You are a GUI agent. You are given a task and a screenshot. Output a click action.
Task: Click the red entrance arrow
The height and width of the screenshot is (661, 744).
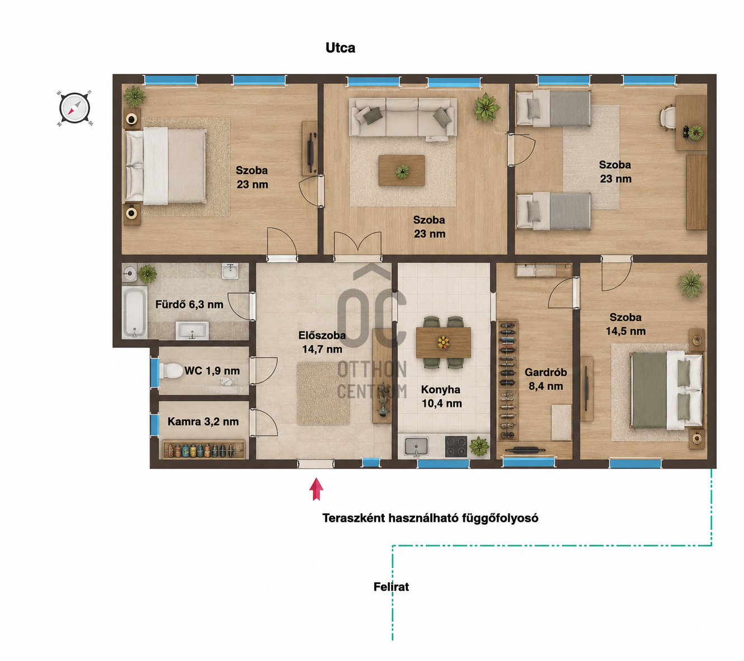316,489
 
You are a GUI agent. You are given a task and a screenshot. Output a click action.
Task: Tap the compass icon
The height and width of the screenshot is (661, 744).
74,108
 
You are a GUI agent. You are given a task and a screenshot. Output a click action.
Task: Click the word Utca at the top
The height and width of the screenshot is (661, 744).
340,48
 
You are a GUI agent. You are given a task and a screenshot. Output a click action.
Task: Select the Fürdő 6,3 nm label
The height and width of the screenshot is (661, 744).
189,304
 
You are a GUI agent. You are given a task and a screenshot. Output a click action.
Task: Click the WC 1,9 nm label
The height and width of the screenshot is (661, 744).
212,371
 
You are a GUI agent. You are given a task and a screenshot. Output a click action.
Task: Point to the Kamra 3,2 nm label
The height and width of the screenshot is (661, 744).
203,422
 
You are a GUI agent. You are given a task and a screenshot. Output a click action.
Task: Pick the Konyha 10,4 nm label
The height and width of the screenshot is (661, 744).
441,396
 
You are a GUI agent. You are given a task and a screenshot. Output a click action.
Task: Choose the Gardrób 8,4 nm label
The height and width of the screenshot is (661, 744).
546,379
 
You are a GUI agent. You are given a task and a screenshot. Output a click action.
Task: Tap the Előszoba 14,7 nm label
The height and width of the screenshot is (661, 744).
322,342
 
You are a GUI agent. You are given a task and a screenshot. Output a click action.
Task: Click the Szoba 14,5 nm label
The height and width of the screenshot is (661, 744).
626,324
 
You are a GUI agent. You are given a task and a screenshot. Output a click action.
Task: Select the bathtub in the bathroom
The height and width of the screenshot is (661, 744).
134,312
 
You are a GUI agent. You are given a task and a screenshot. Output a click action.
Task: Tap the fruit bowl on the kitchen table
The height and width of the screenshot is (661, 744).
443,342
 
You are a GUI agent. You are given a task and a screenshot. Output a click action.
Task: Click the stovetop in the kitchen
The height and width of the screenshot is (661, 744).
456,447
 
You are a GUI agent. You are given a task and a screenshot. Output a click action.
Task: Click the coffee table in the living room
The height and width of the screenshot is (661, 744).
402,171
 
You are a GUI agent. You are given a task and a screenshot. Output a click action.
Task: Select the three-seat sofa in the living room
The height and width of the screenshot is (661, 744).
403,117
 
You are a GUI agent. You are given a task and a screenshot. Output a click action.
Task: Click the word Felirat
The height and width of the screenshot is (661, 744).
391,587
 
